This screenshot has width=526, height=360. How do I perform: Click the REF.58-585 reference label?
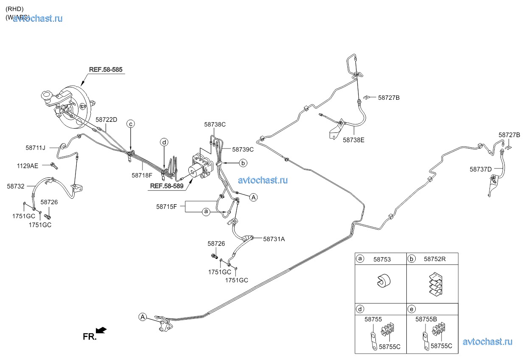tap(106, 69)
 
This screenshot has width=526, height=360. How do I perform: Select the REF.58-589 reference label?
tap(167, 186)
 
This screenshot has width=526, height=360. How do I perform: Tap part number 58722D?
tap(106, 120)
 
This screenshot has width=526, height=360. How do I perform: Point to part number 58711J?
tap(35, 148)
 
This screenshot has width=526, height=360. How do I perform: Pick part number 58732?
tap(16, 186)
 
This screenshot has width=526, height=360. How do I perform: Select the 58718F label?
tap(142, 175)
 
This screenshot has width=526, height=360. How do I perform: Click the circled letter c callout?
tap(131, 124)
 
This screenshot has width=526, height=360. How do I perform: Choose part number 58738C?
tap(215, 124)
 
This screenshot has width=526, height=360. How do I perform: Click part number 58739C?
tap(243, 149)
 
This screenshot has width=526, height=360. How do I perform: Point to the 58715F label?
tap(166, 207)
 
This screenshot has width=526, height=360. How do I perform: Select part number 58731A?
tap(274, 239)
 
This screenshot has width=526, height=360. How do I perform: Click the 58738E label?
tap(353, 139)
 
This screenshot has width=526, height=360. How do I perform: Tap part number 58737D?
tap(481, 169)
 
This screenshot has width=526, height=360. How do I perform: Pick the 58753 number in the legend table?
tap(382, 259)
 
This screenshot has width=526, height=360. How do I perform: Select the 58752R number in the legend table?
tap(435, 259)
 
